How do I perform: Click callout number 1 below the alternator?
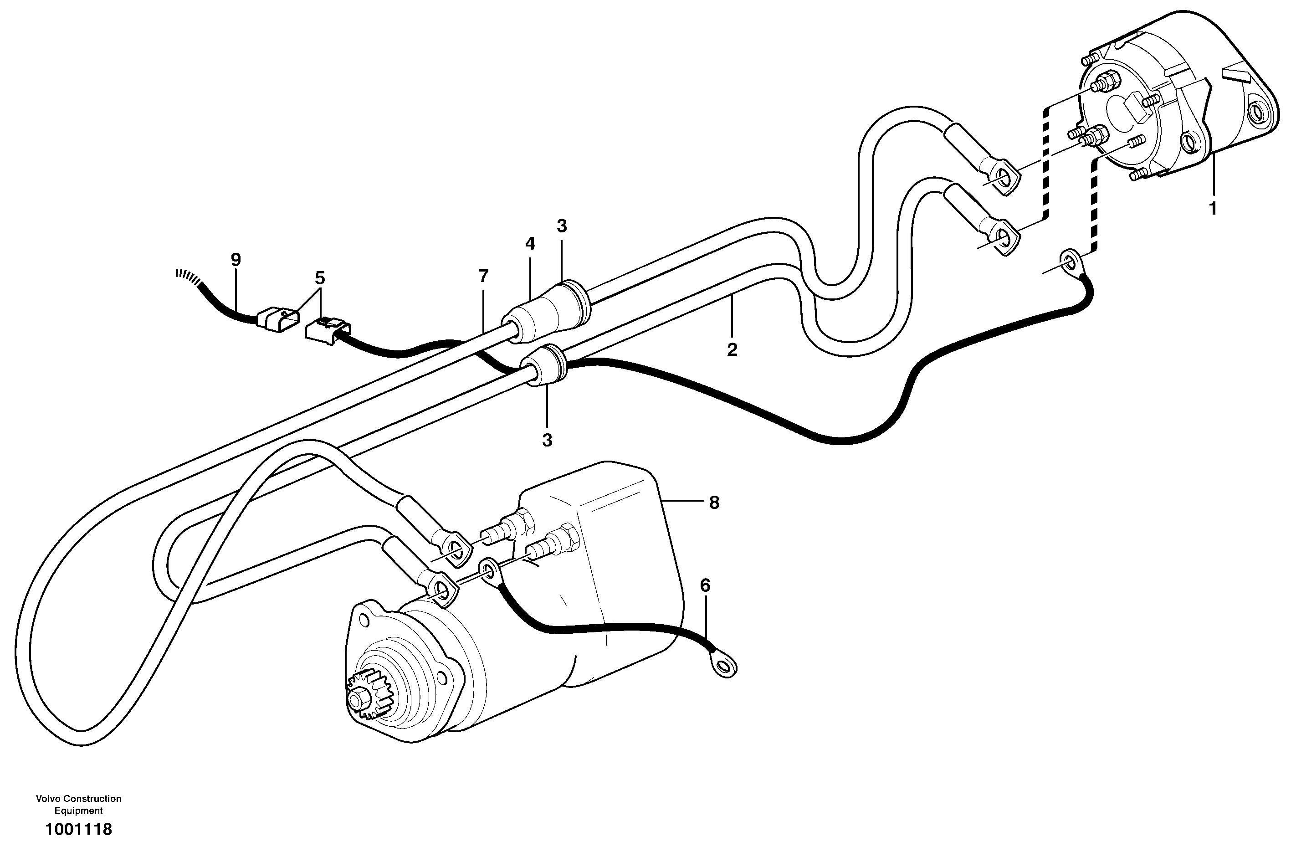pos(1213,208)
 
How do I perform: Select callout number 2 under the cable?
pos(732,349)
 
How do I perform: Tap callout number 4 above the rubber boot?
pos(530,244)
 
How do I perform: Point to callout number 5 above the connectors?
pos(320,278)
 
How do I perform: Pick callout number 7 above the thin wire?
pos(483,277)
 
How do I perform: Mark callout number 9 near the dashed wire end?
pos(236,260)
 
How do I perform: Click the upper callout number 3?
pos(562,226)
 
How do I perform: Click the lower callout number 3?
pos(548,440)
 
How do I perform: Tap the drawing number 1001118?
pos(79,830)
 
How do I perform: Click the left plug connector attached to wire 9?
pos(277,320)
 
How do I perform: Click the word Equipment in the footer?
pos(79,811)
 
